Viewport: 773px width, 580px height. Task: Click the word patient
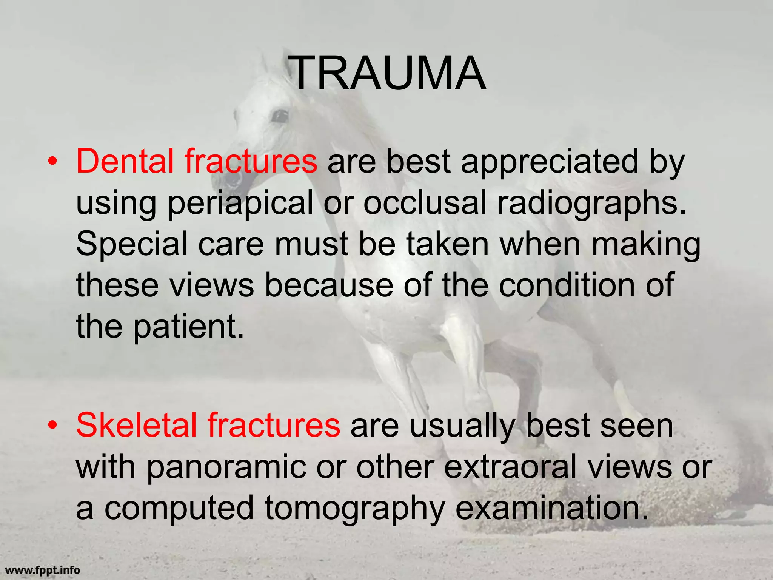pyautogui.click(x=188, y=326)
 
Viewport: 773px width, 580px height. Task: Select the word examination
pyautogui.click(x=551, y=508)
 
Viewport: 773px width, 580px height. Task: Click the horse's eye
pyautogui.click(x=280, y=116)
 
